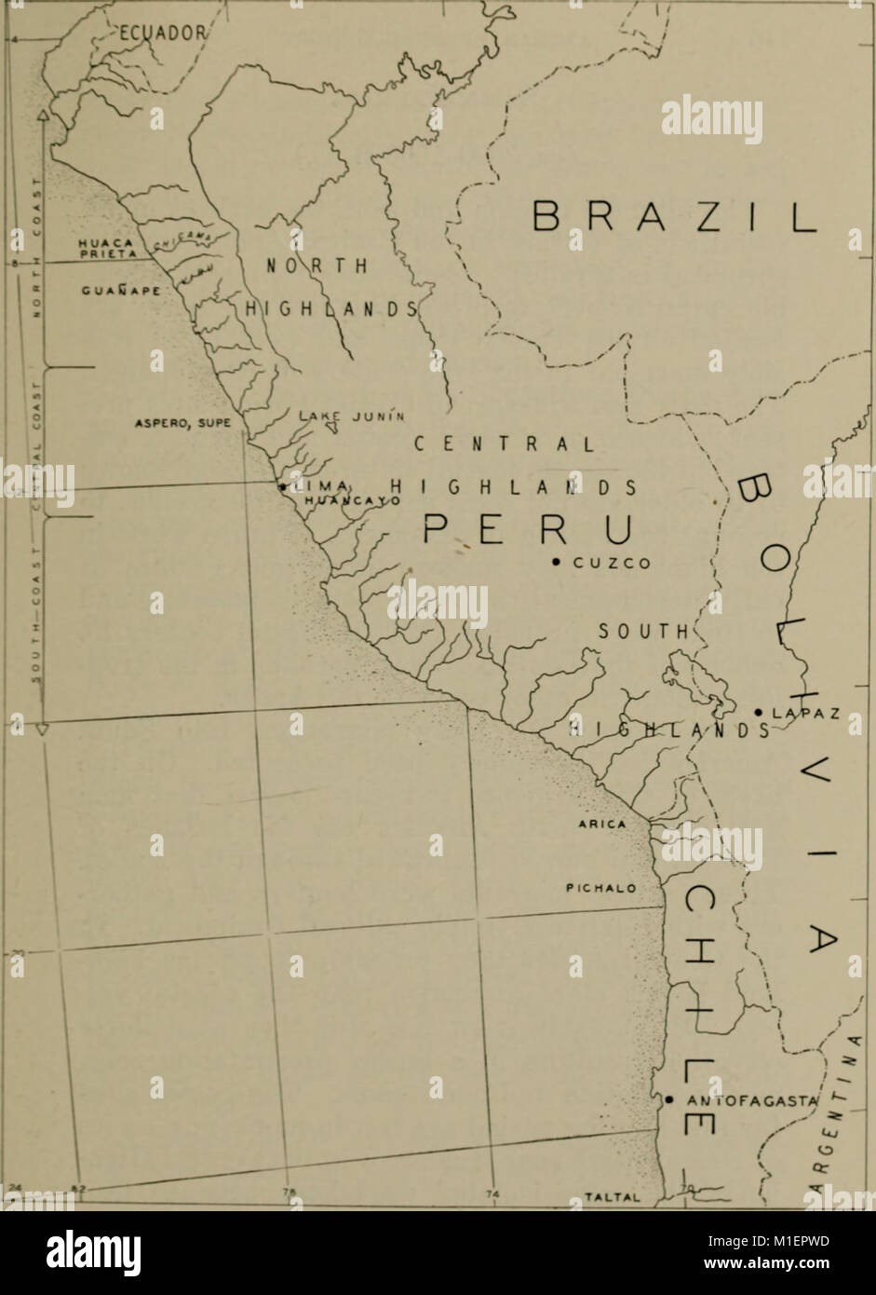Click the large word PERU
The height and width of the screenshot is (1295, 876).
(527, 530)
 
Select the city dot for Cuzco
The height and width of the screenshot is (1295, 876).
(556, 562)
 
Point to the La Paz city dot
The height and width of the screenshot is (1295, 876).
(760, 713)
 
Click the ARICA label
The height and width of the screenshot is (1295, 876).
(602, 824)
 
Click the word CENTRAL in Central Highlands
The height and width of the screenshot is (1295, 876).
(503, 444)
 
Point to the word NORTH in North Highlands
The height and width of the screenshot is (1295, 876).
(317, 265)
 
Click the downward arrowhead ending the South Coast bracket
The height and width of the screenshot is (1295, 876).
(42, 729)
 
